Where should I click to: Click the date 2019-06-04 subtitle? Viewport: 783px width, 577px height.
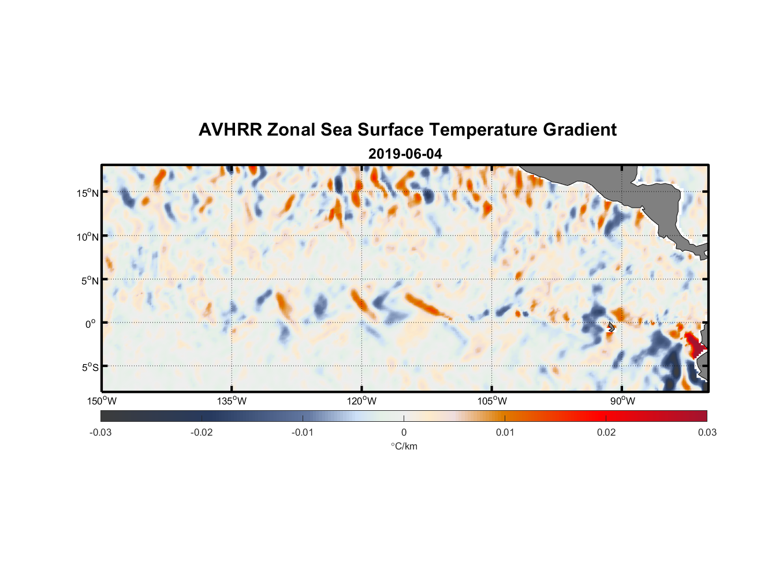[405, 154]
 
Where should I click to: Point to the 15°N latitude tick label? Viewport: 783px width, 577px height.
[88, 193]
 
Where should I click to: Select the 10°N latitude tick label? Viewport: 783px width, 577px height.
[88, 237]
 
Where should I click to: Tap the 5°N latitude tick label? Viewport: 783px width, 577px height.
[90, 280]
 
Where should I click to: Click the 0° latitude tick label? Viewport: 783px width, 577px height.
[91, 324]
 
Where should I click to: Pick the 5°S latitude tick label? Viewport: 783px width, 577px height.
[90, 368]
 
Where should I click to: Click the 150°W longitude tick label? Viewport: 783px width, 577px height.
[102, 401]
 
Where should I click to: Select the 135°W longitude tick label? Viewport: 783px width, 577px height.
[232, 401]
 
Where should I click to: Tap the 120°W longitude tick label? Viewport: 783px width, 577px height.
[361, 401]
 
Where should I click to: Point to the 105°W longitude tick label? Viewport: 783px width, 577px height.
[492, 401]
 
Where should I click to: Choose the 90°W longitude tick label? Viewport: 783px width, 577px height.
[622, 401]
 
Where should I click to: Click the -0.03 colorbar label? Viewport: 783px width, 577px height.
[100, 432]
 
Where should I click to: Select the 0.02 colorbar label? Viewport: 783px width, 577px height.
[606, 432]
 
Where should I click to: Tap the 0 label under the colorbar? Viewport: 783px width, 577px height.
[404, 432]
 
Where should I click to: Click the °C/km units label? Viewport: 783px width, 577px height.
[404, 446]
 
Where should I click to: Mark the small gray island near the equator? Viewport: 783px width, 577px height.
[610, 327]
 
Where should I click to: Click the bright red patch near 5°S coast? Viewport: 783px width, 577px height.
[694, 343]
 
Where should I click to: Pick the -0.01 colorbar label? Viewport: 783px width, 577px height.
[303, 432]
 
